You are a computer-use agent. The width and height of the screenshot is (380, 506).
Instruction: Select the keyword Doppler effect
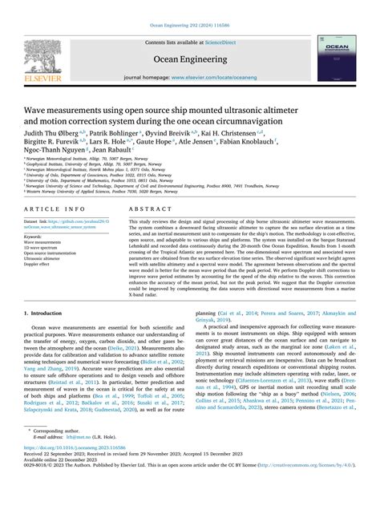(40, 264)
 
